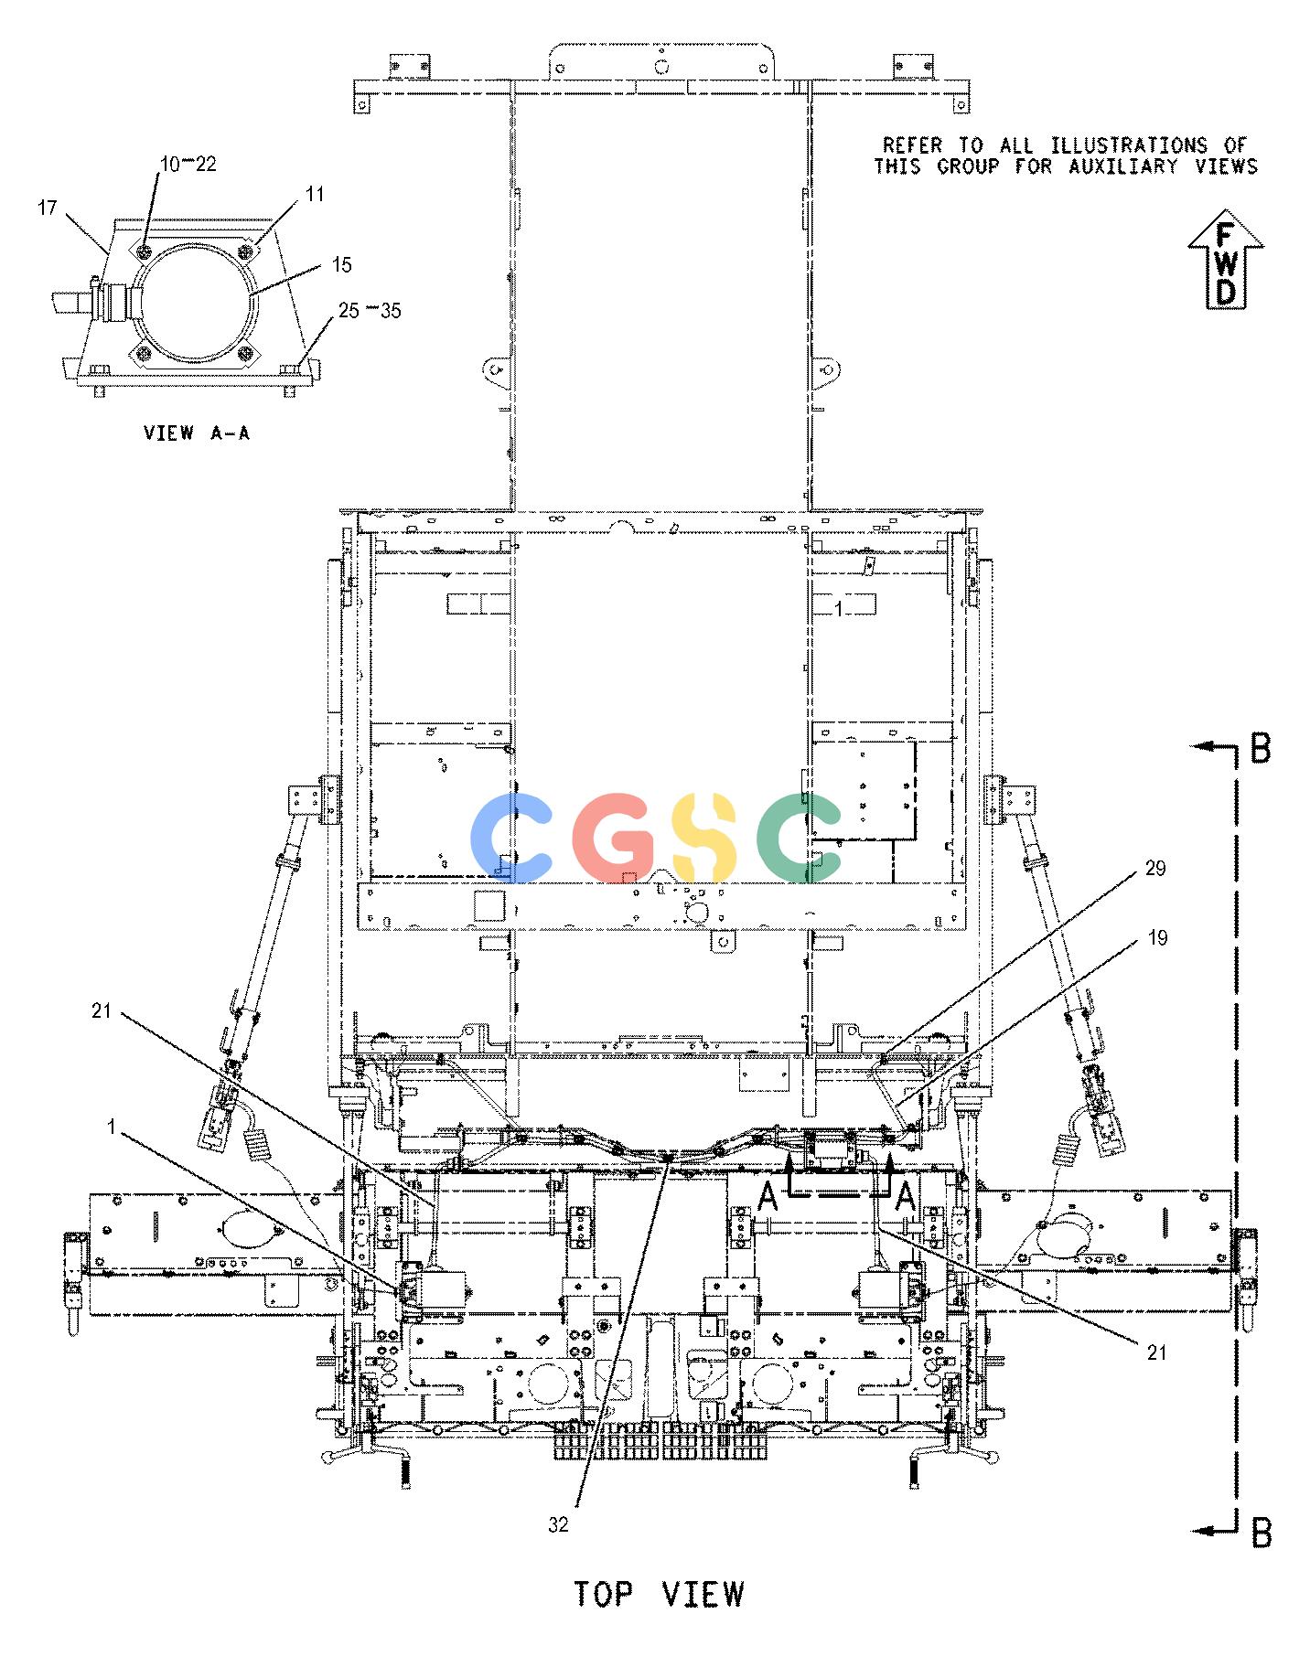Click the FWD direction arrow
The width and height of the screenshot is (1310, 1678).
1226,262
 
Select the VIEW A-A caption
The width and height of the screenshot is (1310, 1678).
197,433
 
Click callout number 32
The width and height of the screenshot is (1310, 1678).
559,1524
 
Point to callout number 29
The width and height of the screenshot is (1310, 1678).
1155,868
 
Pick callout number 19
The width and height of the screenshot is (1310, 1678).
1156,938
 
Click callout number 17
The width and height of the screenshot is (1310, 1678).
48,208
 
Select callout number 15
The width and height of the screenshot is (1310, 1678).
341,264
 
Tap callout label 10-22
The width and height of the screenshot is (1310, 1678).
188,164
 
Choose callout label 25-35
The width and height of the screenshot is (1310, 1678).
370,311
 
